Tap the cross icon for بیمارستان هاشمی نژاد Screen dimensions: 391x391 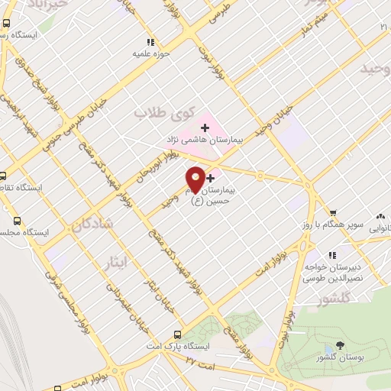click(204, 127)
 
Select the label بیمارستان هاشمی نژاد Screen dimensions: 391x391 click(204, 141)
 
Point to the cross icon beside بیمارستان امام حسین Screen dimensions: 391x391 click(211, 178)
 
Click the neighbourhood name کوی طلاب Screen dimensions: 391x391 click(161, 113)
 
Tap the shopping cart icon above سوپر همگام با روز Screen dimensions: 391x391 click(333, 212)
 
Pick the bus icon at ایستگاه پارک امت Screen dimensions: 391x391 click(177, 334)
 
